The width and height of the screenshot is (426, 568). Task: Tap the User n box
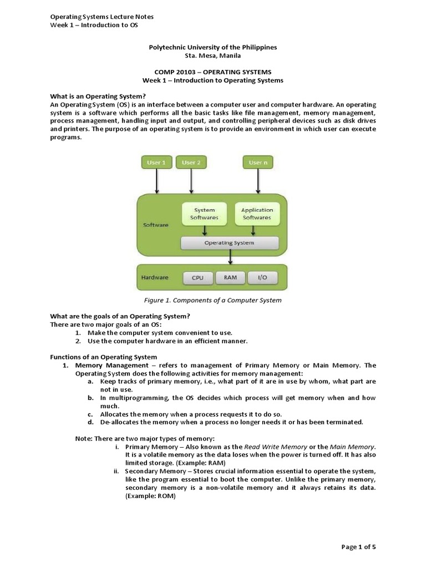click(x=257, y=163)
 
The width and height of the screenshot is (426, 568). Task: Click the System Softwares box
click(x=204, y=214)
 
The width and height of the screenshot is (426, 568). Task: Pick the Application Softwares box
click(x=257, y=214)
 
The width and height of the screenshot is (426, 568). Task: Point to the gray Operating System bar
click(x=230, y=243)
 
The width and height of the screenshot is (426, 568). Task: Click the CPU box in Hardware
click(x=197, y=277)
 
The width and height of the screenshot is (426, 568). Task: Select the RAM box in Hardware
click(x=230, y=277)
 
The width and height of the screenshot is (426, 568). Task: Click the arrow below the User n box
click(x=257, y=181)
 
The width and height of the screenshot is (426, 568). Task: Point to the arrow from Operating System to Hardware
click(x=230, y=256)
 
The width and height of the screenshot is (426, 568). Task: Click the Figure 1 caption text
click(x=212, y=300)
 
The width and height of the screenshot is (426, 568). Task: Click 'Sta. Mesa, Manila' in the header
click(x=212, y=56)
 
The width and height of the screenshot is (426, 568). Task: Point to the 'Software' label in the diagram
click(x=156, y=225)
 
